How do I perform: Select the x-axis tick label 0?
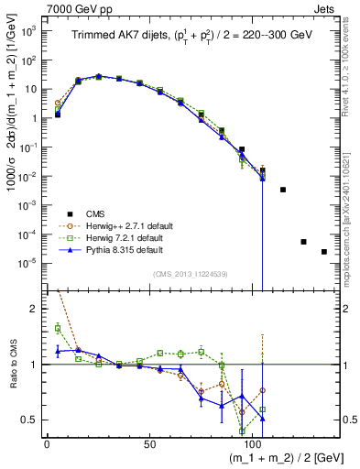(47, 443)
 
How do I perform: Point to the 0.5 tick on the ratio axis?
(29, 420)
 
